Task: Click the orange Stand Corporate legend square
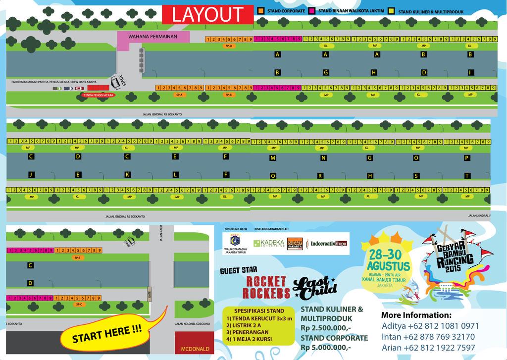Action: click(x=260, y=10)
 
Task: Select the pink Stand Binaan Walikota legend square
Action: click(x=312, y=10)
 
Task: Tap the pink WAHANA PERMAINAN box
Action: click(x=153, y=37)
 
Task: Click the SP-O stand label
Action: click(x=229, y=46)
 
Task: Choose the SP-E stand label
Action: click(x=77, y=257)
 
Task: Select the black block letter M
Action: click(x=273, y=158)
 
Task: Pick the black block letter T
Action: click(x=467, y=175)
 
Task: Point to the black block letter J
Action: click(x=31, y=174)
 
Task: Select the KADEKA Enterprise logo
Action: click(x=268, y=244)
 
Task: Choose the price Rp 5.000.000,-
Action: click(x=325, y=347)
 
